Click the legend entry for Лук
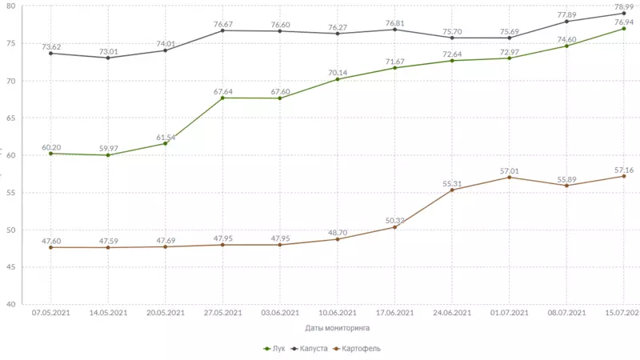[274, 348]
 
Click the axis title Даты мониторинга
[338, 327]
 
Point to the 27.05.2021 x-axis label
[222, 313]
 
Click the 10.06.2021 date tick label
[337, 313]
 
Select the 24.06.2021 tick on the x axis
[452, 313]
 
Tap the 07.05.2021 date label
[51, 313]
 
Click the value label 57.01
[510, 170]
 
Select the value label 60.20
[51, 147]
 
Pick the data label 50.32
[394, 220]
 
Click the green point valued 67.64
[222, 98]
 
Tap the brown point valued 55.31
[452, 190]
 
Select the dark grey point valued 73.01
[108, 58]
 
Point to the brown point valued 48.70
[337, 239]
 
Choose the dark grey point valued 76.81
[394, 30]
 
